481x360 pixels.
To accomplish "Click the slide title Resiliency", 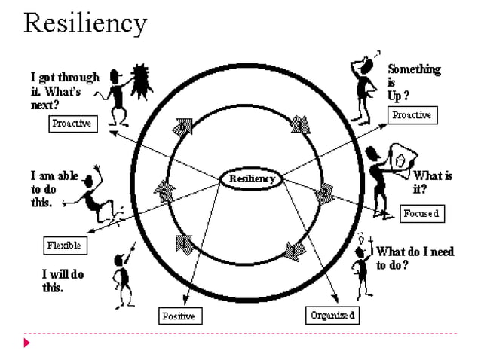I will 84,23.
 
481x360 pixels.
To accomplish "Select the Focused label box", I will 421,214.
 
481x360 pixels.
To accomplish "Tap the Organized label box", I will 332,315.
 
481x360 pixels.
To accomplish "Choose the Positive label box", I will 179,316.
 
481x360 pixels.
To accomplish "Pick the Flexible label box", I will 64,246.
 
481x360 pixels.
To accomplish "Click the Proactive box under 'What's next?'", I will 73,124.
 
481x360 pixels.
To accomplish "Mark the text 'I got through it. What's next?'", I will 63,91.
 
